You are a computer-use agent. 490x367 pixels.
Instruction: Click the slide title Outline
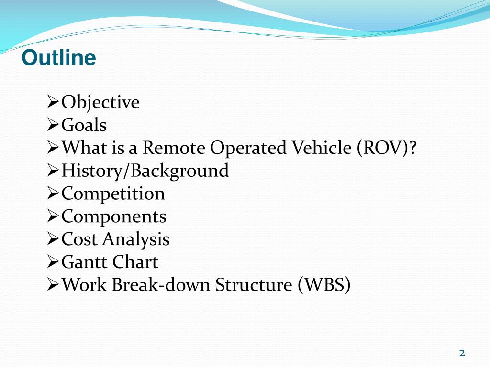[59, 58]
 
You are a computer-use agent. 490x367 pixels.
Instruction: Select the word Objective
[100, 102]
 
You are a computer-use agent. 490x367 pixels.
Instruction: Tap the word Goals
[84, 125]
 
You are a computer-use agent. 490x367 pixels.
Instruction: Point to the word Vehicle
[321, 148]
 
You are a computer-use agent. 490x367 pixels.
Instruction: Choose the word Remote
[174, 148]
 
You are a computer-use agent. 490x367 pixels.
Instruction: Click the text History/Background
[145, 171]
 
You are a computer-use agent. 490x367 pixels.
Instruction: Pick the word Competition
[113, 194]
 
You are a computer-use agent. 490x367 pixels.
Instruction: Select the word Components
[114, 216]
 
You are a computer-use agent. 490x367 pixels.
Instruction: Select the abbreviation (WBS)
[324, 285]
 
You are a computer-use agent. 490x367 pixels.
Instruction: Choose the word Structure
[253, 285]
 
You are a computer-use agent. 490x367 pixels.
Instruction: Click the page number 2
[462, 353]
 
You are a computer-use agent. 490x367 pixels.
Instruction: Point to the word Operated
[249, 149]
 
